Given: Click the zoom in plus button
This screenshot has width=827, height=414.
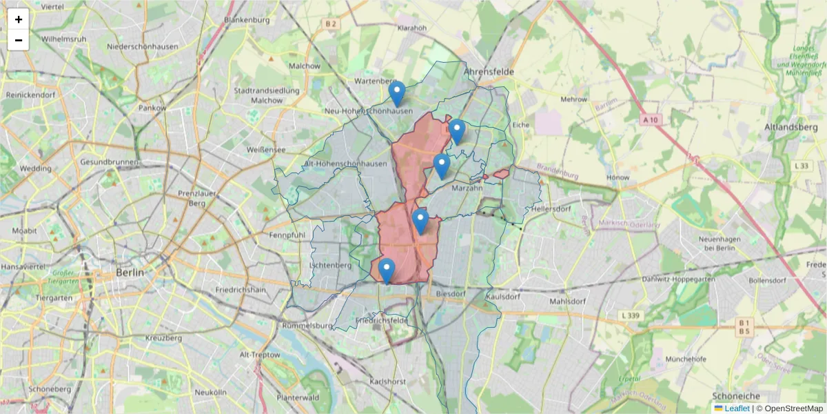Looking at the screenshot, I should pyautogui.click(x=19, y=19).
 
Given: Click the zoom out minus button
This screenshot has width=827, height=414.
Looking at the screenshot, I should pyautogui.click(x=19, y=40).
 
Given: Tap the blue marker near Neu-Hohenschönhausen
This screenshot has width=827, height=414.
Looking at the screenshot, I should pyautogui.click(x=396, y=94).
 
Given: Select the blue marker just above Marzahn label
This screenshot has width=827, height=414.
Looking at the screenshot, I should pyautogui.click(x=442, y=166).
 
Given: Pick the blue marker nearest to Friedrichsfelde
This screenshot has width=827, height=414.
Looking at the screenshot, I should pyautogui.click(x=387, y=270).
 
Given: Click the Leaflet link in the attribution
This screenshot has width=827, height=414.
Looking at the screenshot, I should pyautogui.click(x=737, y=408).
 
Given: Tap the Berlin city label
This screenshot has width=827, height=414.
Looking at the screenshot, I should pyautogui.click(x=130, y=273).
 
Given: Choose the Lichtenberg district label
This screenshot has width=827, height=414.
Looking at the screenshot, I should pyautogui.click(x=331, y=265).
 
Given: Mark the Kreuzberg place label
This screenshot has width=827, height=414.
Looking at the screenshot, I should pyautogui.click(x=163, y=338).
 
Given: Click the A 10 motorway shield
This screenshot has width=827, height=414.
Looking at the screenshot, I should pyautogui.click(x=650, y=119).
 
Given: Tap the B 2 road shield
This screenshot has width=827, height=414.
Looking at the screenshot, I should pyautogui.click(x=331, y=24).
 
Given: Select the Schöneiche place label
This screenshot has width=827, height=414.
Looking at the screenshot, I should pyautogui.click(x=736, y=396).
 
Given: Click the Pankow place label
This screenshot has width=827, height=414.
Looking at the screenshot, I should pyautogui.click(x=152, y=108).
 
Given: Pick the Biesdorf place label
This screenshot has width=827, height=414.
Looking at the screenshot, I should pyautogui.click(x=451, y=294).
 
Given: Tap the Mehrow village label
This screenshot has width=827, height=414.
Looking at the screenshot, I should pyautogui.click(x=574, y=99).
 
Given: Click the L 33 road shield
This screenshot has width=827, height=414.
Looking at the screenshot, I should pyautogui.click(x=801, y=166).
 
